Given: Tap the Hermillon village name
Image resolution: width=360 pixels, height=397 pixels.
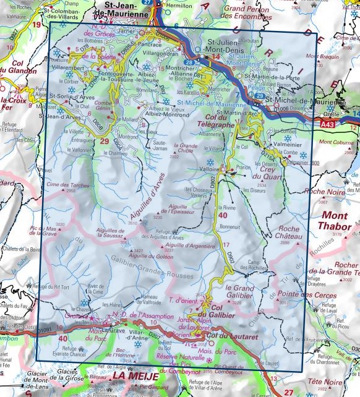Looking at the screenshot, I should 179,5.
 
